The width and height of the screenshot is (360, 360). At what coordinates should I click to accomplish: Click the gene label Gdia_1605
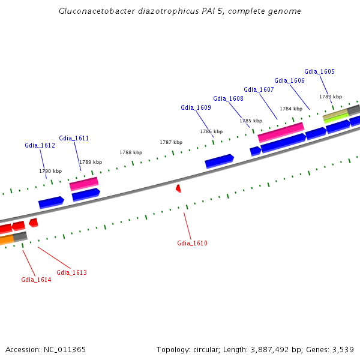click(319, 72)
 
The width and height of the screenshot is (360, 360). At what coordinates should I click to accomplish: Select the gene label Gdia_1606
click(289, 81)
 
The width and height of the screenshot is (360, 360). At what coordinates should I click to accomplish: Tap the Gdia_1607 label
click(259, 90)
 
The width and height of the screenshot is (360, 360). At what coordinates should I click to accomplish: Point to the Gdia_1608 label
click(228, 99)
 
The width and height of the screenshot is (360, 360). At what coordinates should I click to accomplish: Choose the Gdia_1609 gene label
click(196, 108)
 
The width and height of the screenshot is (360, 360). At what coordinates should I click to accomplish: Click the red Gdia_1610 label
click(192, 244)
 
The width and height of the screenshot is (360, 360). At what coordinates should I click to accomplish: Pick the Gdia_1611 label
click(74, 139)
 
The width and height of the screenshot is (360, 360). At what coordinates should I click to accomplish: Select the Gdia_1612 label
click(40, 146)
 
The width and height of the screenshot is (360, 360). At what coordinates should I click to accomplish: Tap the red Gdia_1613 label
click(71, 273)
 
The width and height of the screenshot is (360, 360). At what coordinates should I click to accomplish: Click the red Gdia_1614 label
click(36, 280)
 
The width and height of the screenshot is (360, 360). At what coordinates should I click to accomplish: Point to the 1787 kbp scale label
click(170, 143)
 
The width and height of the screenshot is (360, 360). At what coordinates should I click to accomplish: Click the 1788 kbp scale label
click(131, 153)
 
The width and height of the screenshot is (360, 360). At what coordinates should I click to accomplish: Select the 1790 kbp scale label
click(50, 172)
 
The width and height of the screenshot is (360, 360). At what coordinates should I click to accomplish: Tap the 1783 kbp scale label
click(330, 97)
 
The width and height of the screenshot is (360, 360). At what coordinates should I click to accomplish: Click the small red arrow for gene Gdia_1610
click(178, 189)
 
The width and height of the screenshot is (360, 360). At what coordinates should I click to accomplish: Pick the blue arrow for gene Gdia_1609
click(219, 161)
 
